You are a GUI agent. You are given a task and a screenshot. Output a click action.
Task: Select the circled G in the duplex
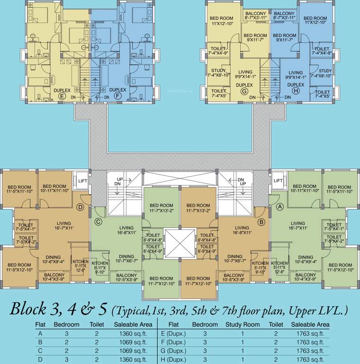pos(244,91)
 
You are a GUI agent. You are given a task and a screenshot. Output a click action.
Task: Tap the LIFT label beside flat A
pos(278,181)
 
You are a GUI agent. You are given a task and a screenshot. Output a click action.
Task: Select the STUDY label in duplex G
pos(218,72)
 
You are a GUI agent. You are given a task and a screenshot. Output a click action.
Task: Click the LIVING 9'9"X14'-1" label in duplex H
pos(295,74)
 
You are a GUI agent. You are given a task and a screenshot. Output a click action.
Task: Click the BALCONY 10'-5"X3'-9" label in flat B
pos(234,277)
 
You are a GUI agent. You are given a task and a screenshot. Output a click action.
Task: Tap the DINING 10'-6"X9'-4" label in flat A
pos(306,260)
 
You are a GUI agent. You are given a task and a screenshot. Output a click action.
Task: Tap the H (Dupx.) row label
pos(173,359)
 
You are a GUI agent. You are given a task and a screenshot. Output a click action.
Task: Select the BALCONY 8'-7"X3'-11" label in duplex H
pos(284,15)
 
